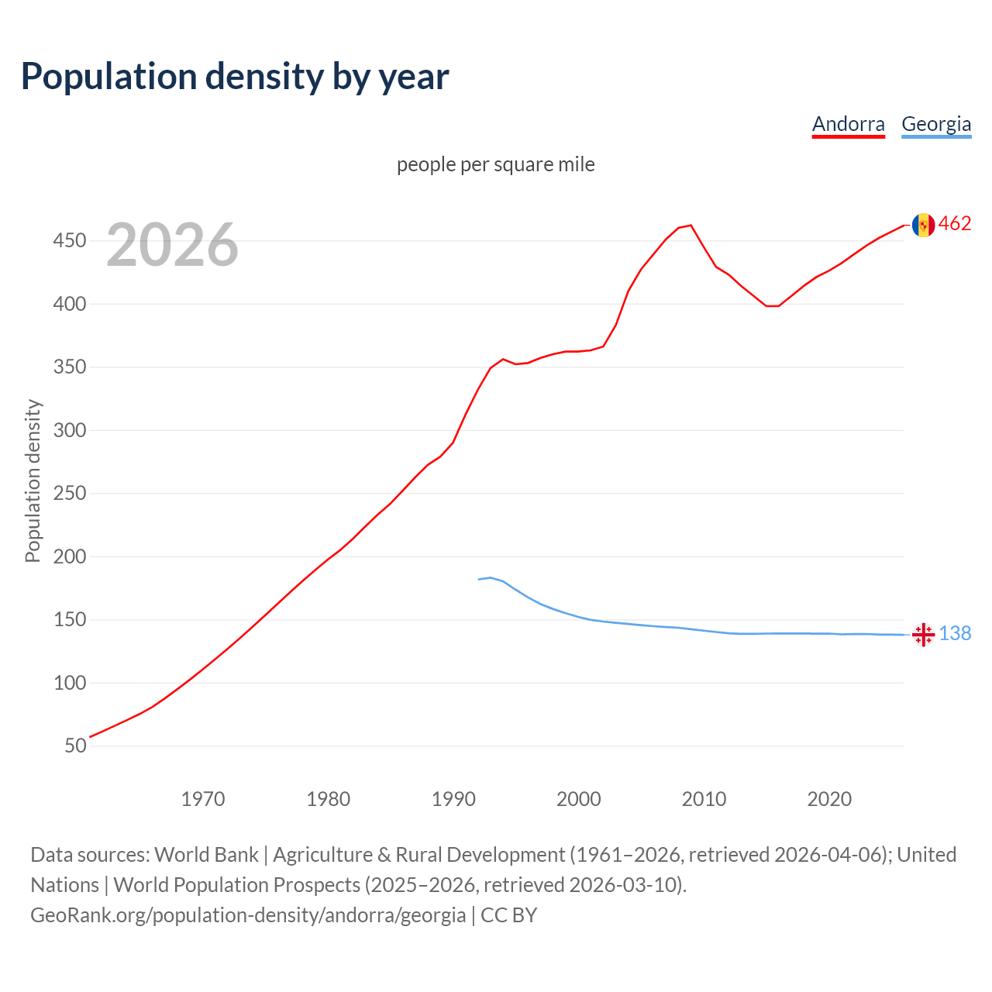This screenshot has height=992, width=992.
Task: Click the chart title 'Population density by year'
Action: pos(235,77)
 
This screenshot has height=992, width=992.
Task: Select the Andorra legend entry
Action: pos(848,124)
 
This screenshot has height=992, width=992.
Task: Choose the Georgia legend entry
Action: pos(935,124)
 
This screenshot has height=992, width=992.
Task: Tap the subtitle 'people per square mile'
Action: pos(495,164)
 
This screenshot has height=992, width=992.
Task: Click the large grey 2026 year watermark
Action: pos(172,245)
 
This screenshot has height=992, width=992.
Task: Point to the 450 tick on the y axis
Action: pos(70,241)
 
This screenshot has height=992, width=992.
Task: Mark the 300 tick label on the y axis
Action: pos(70,430)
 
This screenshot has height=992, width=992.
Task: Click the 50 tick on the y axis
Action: pos(75,746)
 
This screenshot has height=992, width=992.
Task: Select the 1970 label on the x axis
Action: pos(203,799)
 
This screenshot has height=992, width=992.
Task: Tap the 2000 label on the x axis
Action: pos(579,799)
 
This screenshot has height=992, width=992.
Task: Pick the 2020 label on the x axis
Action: pos(829,799)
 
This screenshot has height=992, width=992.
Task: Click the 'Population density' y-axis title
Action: pos(33,480)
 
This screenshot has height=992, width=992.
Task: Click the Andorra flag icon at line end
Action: pos(923,225)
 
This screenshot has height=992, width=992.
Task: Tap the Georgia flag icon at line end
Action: pos(923,635)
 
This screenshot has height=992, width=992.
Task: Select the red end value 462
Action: pos(955,224)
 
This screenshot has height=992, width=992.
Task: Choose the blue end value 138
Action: pos(955,634)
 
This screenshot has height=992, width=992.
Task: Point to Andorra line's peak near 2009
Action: pos(691,226)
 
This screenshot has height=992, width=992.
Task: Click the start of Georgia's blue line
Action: pos(479,579)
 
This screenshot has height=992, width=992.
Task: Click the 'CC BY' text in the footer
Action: pos(508,915)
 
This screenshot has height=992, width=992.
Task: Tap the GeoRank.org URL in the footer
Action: pos(248,915)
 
